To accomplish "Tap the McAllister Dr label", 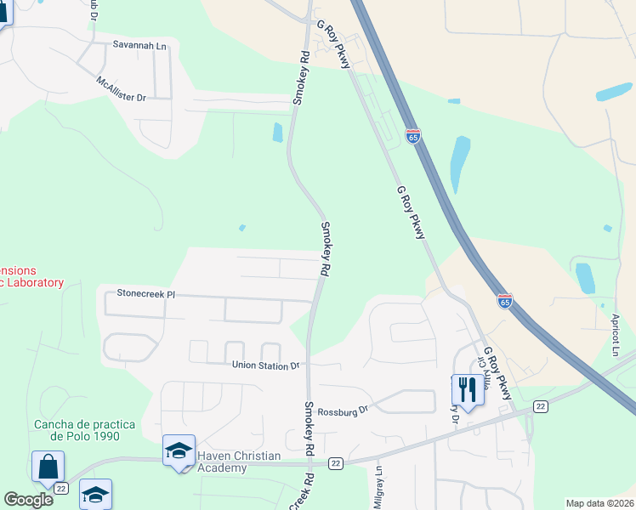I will [122, 89].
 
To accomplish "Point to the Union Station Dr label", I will [266, 365].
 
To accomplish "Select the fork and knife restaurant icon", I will [467, 390].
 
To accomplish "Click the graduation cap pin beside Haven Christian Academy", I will [179, 451].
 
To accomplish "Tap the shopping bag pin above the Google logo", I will [48, 467].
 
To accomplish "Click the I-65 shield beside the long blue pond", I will [412, 136].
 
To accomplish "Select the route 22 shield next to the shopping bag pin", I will [61, 489].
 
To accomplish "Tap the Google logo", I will [28, 500].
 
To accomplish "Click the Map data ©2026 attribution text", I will [599, 503].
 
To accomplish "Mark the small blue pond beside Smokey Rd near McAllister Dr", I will [277, 132].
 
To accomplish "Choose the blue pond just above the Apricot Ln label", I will [585, 278].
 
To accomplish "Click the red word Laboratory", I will [32, 282].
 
